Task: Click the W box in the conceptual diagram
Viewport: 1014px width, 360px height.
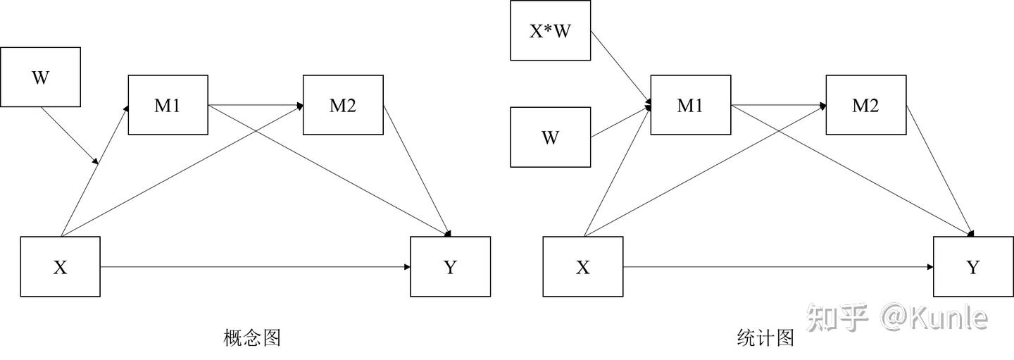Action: point(40,77)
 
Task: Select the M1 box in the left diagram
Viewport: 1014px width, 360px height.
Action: point(168,105)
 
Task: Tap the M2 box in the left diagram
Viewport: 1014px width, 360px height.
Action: point(343,105)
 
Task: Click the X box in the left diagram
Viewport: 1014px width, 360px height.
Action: point(60,267)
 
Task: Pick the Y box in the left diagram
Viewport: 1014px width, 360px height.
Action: point(450,267)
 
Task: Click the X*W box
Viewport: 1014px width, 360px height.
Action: point(550,31)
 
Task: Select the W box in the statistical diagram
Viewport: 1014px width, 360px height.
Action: point(550,137)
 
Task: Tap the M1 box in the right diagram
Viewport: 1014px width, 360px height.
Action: point(690,105)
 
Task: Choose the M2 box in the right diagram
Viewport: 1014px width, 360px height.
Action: point(865,105)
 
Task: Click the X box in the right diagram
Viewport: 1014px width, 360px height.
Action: point(582,267)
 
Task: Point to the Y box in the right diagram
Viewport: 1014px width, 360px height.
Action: point(972,267)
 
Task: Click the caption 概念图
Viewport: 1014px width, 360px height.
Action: point(252,338)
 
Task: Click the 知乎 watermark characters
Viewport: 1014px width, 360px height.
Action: point(837,318)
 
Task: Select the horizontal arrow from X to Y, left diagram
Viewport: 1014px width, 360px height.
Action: point(254,267)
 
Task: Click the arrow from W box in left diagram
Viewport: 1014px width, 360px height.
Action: point(68,135)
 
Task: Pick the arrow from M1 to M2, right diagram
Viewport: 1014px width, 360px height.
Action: point(778,106)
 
